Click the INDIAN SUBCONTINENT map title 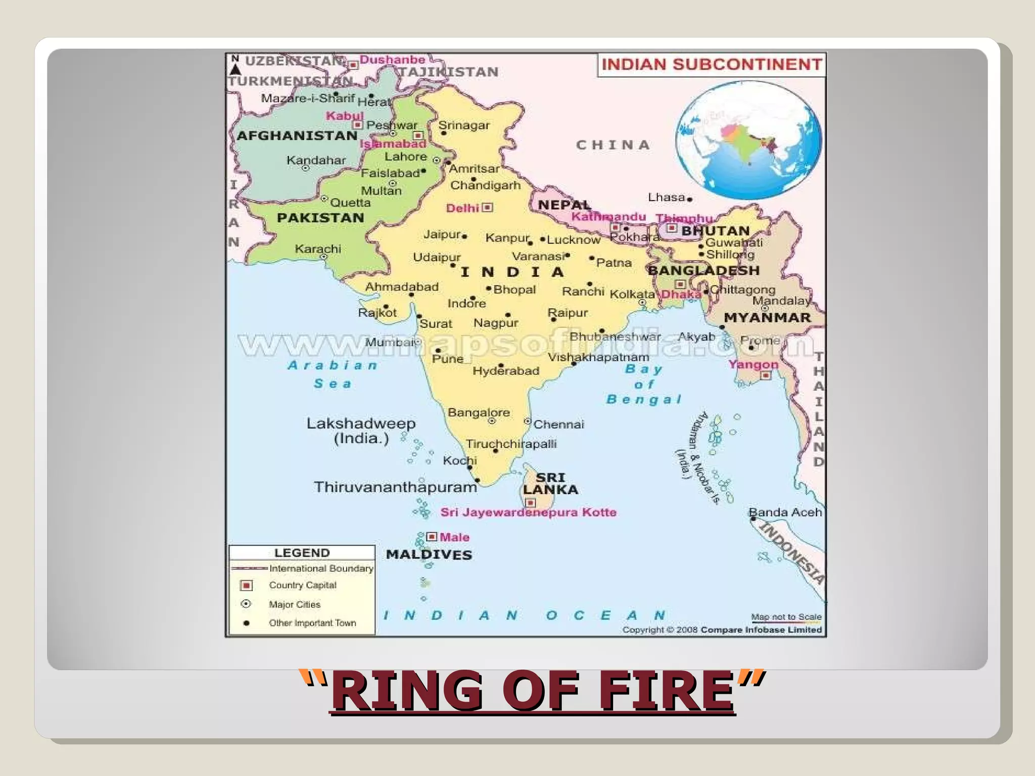tap(712, 65)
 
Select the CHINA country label tap(613, 145)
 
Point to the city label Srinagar tap(464, 125)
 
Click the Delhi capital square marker tap(488, 207)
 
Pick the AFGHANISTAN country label tap(297, 135)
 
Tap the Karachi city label tap(318, 249)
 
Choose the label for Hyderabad tap(506, 371)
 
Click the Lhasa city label tap(666, 197)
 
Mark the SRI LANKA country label tap(550, 483)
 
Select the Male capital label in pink tap(454, 537)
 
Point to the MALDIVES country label tap(429, 555)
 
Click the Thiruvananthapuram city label tap(395, 487)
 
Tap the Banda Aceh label tap(785, 512)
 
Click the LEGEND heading tap(302, 553)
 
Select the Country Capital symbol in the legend tap(247, 585)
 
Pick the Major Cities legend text tap(295, 604)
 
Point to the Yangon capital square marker tap(766, 375)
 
